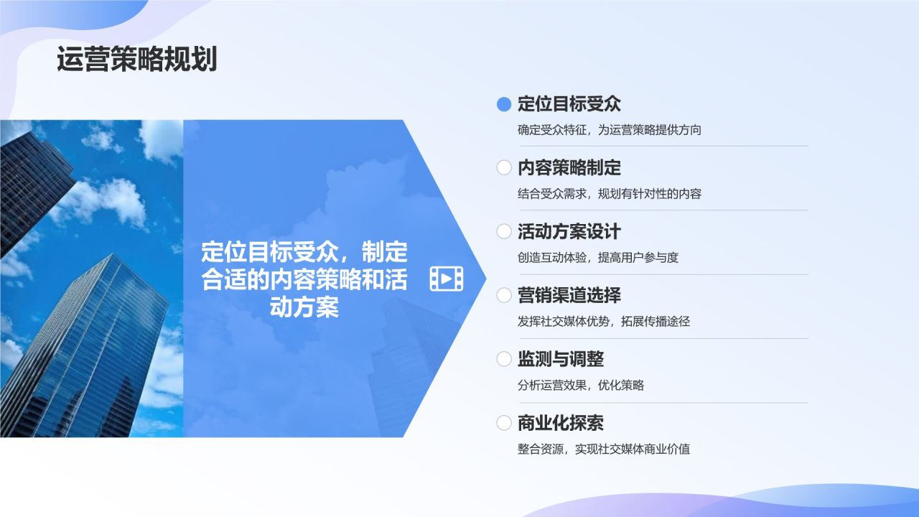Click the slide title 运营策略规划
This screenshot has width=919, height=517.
pos(136,60)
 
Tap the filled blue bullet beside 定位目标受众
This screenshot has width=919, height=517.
pos(504,104)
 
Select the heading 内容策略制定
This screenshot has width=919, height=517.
pos(569,168)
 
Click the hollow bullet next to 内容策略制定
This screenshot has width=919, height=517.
pos(504,168)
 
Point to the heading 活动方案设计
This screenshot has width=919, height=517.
pos(569,231)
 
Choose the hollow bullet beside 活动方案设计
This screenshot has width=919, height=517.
pos(504,231)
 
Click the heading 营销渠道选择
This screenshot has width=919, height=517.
pos(569,295)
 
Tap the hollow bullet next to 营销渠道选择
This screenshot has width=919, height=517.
pos(504,295)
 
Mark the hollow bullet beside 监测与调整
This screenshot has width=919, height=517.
pos(504,359)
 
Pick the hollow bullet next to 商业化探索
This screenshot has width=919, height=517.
pos(504,423)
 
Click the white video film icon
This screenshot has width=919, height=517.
pos(446,279)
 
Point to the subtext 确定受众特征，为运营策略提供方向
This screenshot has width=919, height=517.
pos(609,130)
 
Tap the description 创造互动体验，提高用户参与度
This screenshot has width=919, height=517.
pos(597,257)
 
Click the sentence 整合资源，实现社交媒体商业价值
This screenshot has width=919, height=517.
pos(603,449)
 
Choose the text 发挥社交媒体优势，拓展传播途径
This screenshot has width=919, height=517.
pos(603,321)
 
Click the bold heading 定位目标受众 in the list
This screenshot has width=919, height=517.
pos(569,104)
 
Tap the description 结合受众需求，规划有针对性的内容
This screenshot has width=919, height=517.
pos(609,193)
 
